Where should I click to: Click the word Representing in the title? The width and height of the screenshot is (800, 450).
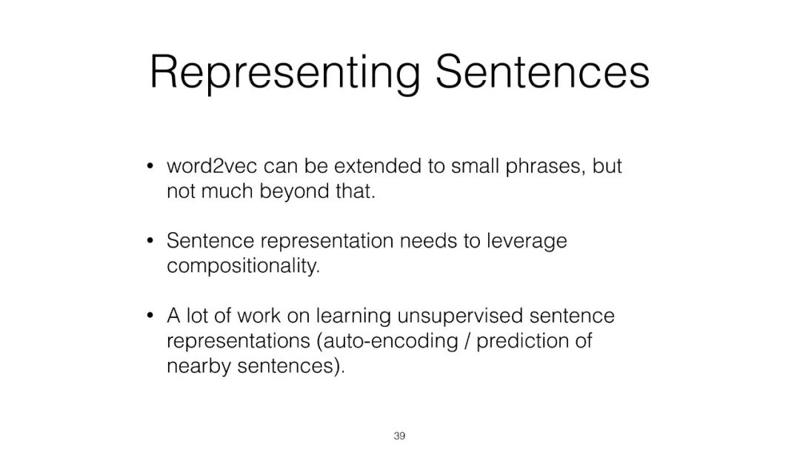pyautogui.click(x=285, y=73)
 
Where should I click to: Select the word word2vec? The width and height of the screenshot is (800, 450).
pyautogui.click(x=212, y=166)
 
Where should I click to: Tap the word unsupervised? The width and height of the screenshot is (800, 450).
pyautogui.click(x=460, y=316)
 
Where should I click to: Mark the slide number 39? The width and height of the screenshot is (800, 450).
pyautogui.click(x=399, y=436)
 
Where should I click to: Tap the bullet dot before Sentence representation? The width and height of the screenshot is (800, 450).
pyautogui.click(x=150, y=240)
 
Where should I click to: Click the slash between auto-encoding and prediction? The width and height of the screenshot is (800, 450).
pyautogui.click(x=467, y=341)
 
